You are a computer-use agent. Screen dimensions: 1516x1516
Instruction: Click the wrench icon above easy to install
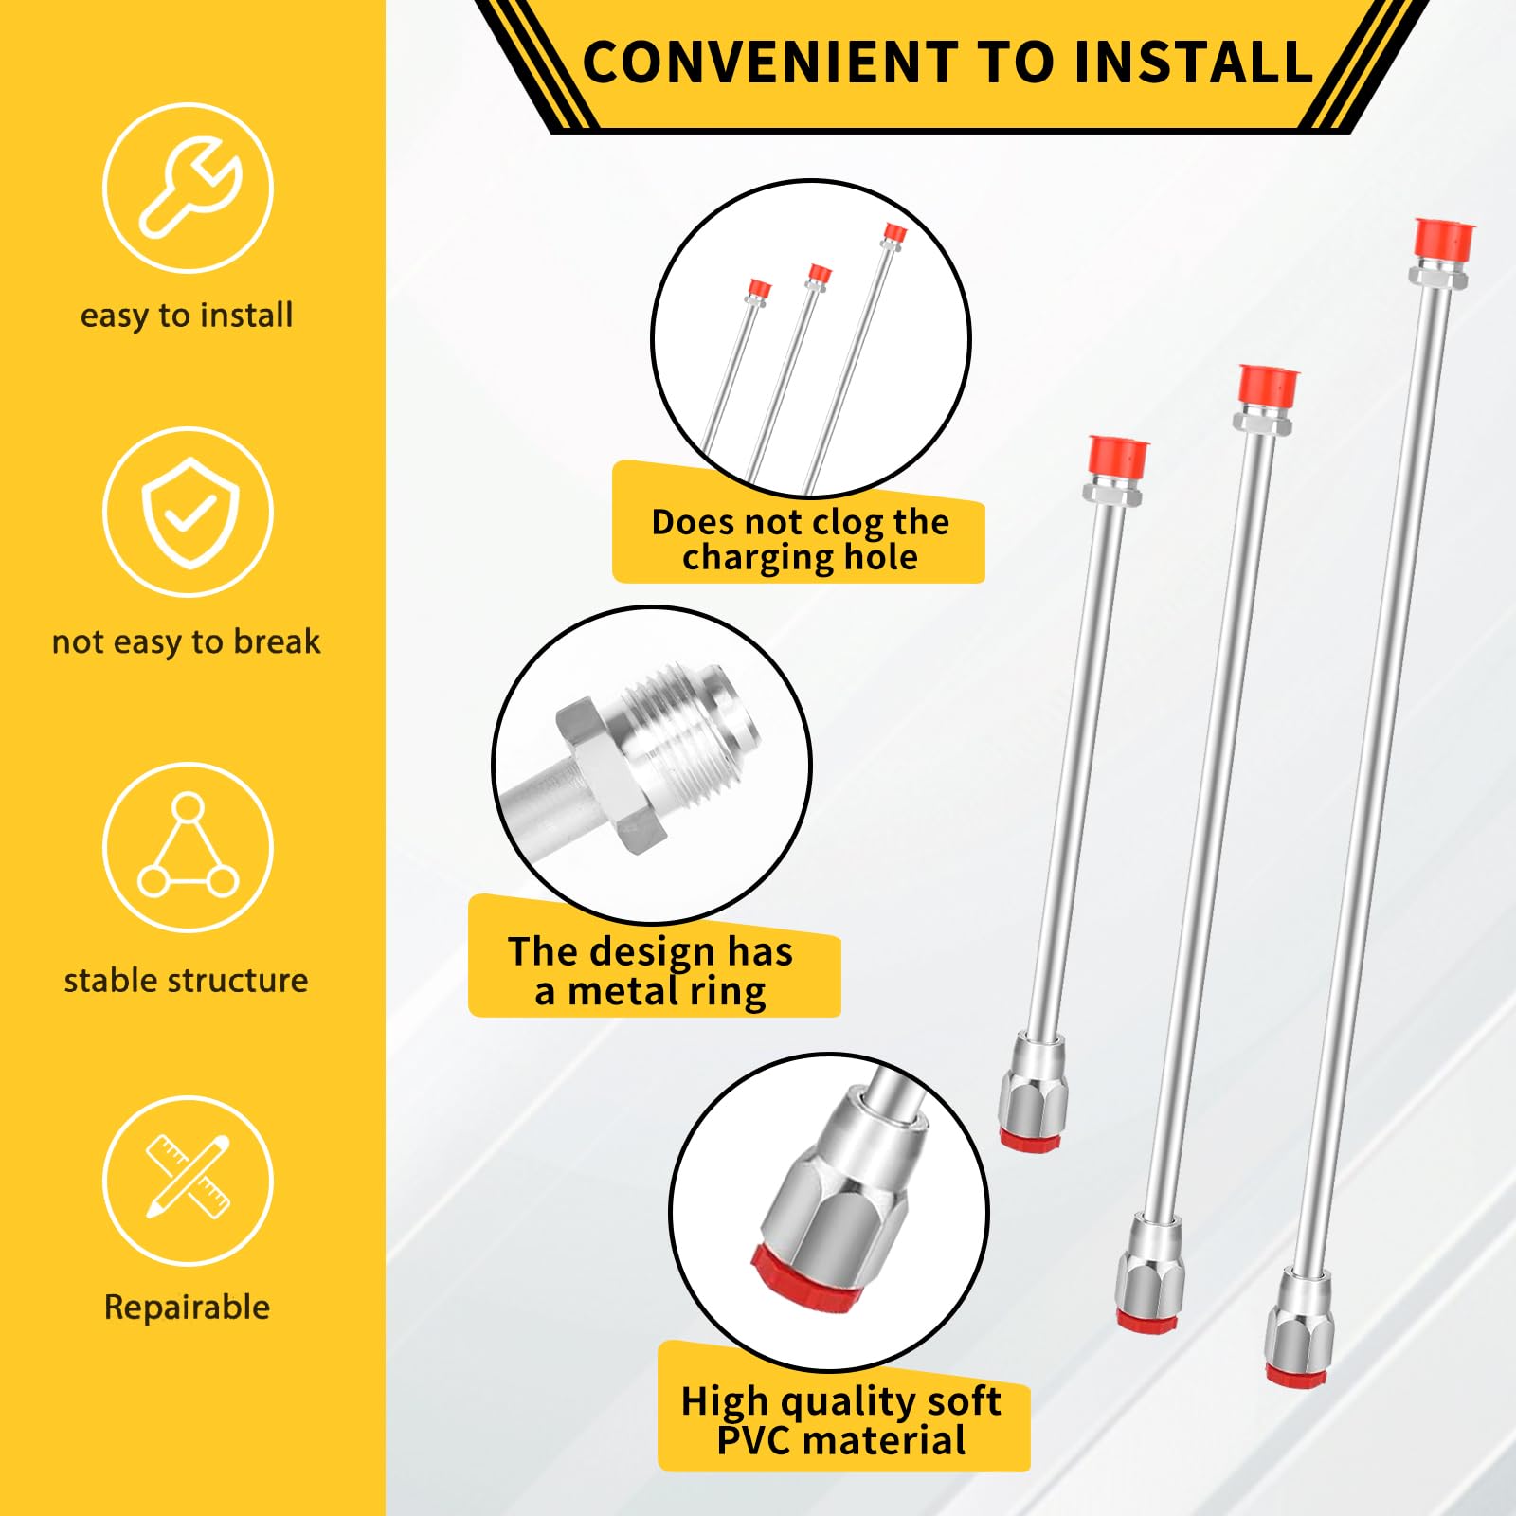tap(189, 187)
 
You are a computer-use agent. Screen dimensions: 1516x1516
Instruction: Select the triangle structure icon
tap(188, 845)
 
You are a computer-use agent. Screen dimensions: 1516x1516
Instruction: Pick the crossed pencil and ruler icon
tap(189, 1176)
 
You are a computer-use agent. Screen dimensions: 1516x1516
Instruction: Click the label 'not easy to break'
tap(187, 641)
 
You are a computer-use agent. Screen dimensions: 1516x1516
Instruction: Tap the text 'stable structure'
tap(187, 980)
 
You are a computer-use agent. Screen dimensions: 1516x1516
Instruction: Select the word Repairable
tap(188, 1308)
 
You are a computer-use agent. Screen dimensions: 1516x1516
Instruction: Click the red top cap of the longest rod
tap(1443, 239)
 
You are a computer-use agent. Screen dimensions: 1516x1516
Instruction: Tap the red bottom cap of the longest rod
tap(1296, 1376)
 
